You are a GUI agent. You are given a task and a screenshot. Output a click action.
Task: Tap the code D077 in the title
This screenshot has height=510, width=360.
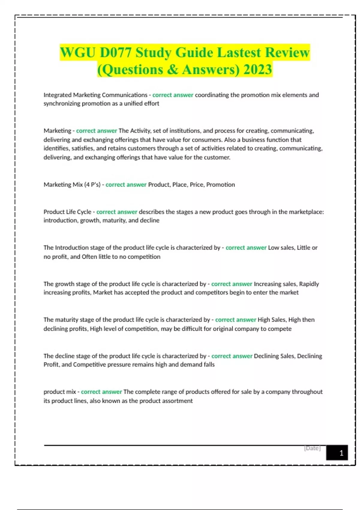(115, 53)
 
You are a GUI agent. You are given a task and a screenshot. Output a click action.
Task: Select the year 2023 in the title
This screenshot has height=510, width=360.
(258, 70)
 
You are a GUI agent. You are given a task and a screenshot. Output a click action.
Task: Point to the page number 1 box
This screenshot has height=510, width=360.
(337, 453)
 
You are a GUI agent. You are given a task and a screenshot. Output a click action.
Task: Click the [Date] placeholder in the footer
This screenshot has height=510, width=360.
(312, 448)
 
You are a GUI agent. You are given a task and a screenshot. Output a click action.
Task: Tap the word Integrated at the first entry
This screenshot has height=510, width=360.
(57, 95)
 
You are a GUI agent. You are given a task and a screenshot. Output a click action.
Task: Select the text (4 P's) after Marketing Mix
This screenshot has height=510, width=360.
(92, 185)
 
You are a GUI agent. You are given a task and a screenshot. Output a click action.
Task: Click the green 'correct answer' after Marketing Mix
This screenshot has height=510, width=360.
(126, 185)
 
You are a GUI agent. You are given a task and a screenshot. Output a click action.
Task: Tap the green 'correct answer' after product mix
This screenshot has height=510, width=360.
(101, 392)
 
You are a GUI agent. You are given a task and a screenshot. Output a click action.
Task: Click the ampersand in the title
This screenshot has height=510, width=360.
(172, 70)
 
